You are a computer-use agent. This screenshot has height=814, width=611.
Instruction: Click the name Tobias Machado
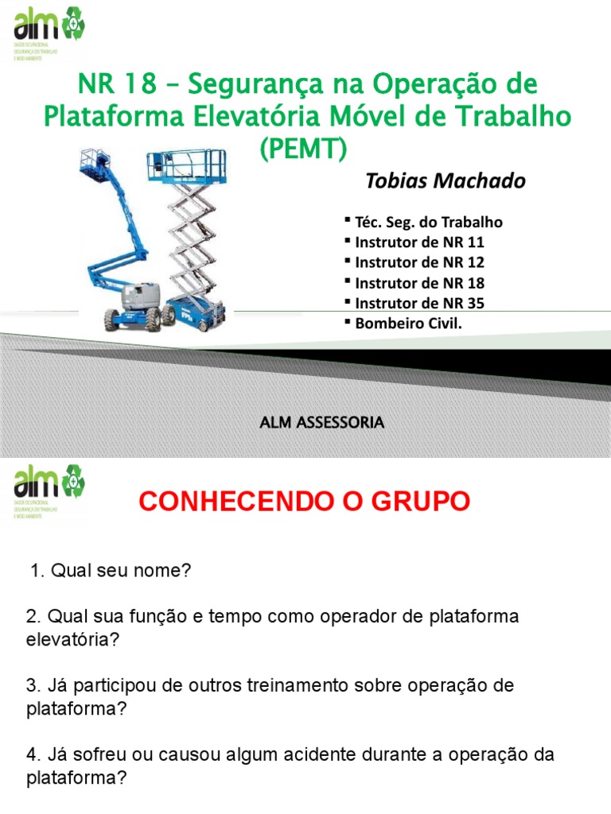(445, 181)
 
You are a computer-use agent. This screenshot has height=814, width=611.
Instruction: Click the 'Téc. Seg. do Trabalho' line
(428, 222)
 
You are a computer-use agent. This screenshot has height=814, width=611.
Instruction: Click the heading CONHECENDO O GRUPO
(305, 502)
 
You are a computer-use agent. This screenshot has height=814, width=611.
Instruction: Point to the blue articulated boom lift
(127, 254)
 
